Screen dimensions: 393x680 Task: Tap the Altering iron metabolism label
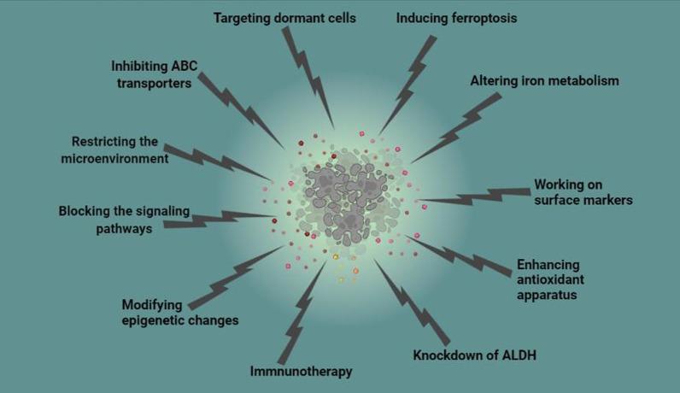(544, 81)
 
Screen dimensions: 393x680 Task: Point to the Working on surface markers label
(583, 191)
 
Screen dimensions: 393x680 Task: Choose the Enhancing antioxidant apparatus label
(548, 279)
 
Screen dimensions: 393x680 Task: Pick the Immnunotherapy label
(301, 372)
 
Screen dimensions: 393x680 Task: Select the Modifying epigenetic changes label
(179, 312)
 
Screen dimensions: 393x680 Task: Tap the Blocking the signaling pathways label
(124, 220)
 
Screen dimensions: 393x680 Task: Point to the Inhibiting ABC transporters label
(152, 75)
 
